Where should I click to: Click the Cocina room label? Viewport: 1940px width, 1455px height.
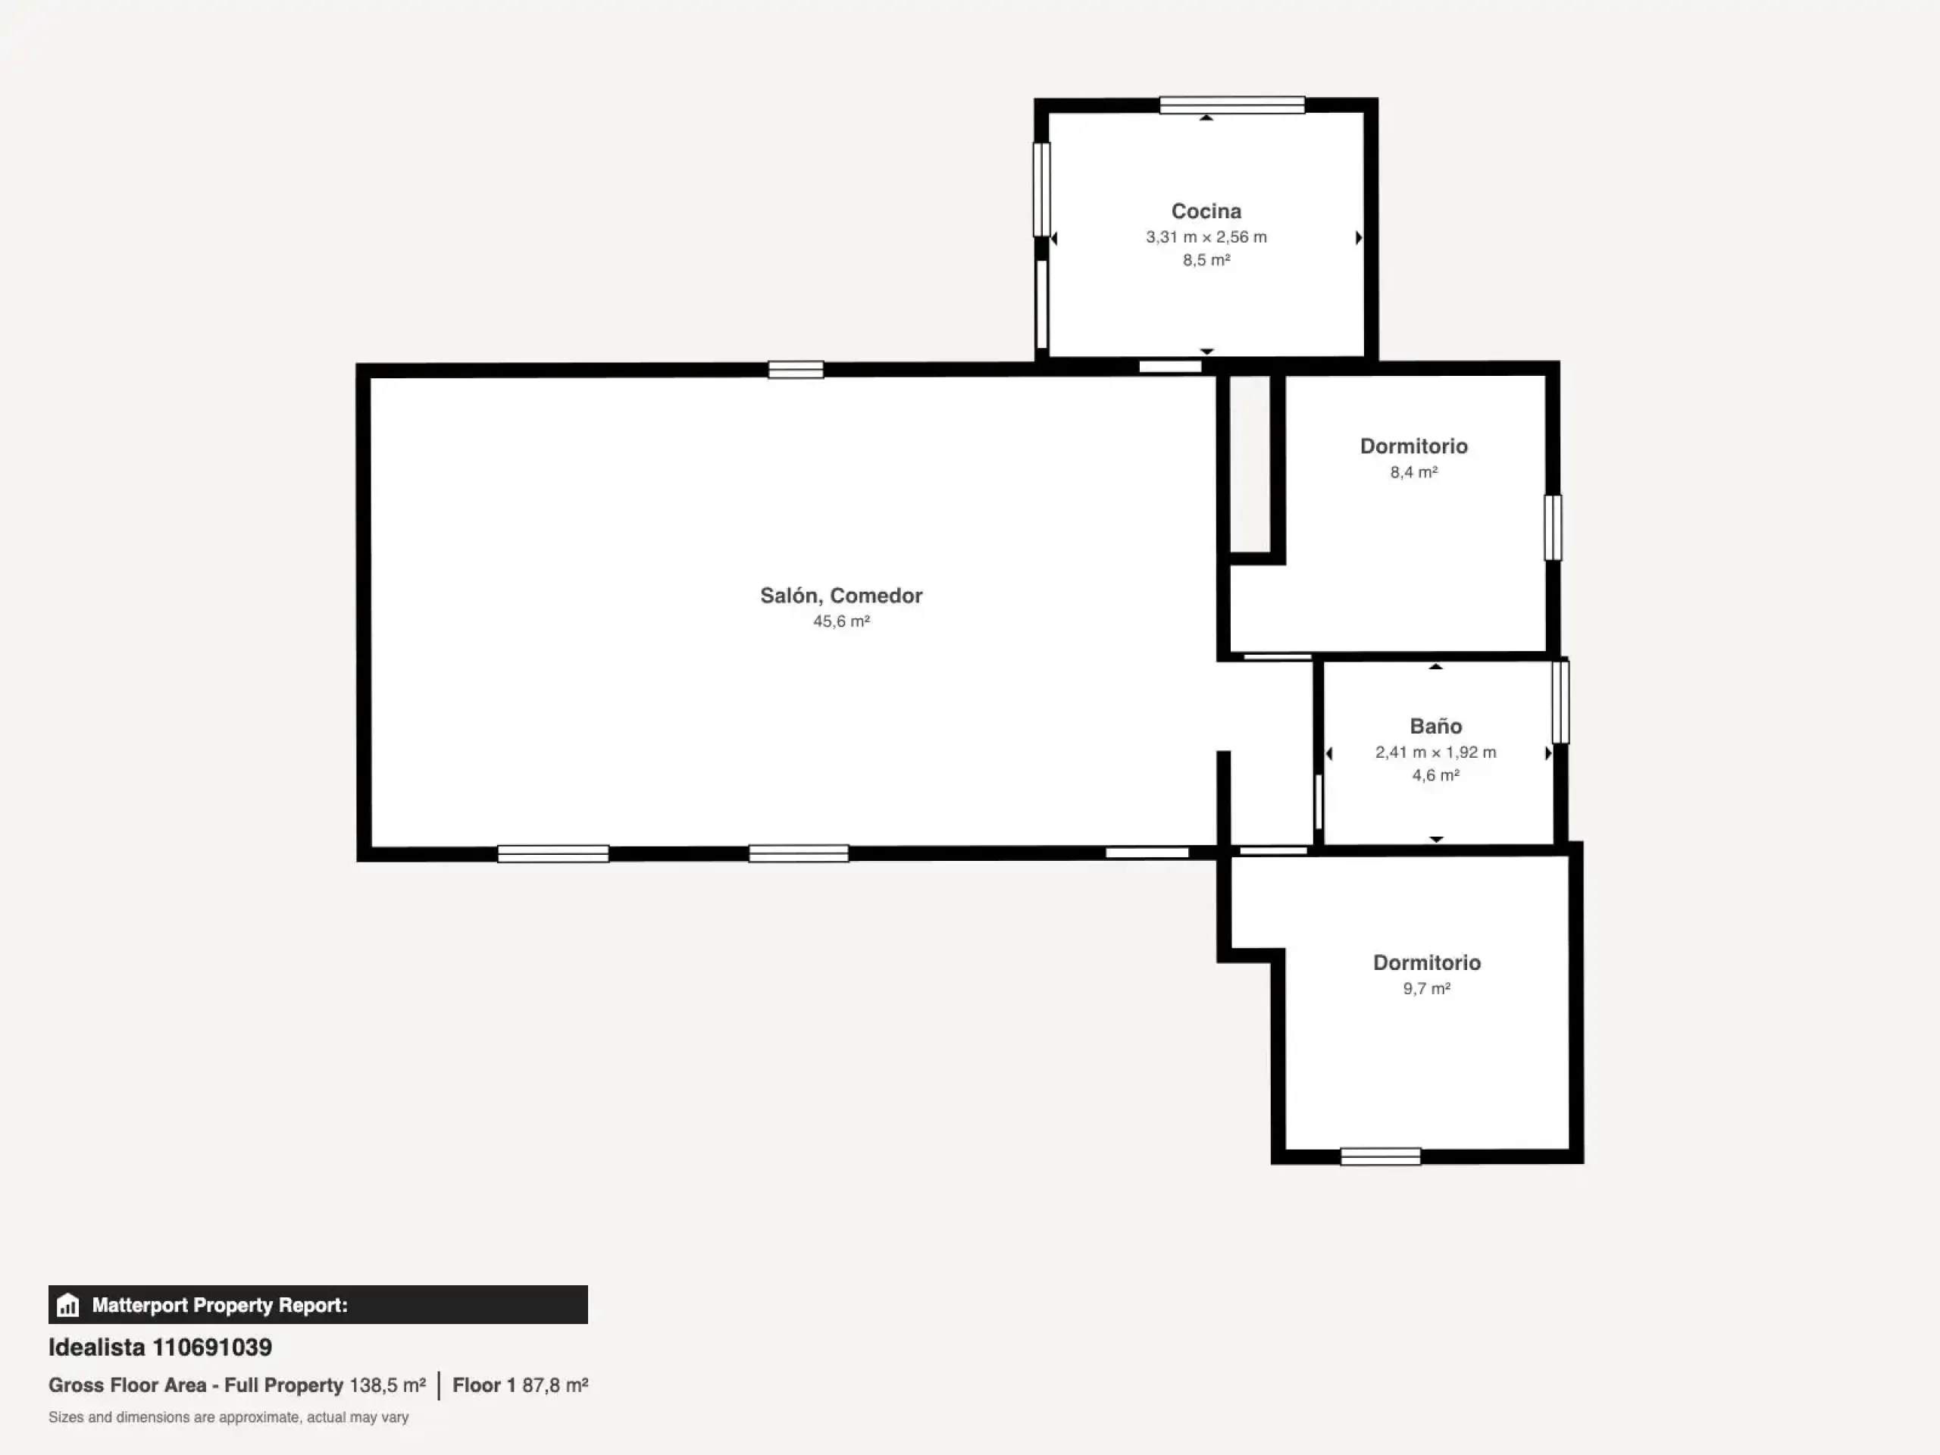(x=1206, y=211)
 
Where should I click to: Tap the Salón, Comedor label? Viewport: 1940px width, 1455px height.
(x=841, y=596)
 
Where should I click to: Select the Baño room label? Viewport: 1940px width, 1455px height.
(x=1436, y=726)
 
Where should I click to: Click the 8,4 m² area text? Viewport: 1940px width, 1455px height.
(x=1414, y=472)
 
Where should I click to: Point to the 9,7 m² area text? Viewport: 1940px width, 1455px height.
(x=1427, y=988)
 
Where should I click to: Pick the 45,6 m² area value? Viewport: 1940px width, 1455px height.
(x=841, y=621)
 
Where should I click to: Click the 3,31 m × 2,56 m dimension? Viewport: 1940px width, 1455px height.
(x=1206, y=236)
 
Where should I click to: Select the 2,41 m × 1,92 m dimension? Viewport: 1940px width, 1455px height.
(x=1436, y=752)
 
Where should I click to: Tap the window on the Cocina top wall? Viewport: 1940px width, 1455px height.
(x=1231, y=105)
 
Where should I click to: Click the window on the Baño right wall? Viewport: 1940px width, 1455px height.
(x=1560, y=702)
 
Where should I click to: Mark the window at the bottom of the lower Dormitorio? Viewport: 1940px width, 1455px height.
(x=1381, y=1157)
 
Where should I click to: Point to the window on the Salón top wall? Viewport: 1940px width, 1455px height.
(x=796, y=370)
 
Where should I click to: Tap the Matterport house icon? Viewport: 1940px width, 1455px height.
(x=67, y=1305)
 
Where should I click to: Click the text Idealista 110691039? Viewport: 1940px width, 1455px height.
(x=160, y=1347)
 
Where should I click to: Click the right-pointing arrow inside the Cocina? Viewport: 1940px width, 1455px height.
(x=1359, y=238)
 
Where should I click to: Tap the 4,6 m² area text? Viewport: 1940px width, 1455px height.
(x=1436, y=775)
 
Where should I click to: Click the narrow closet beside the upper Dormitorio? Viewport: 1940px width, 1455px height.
(x=1250, y=464)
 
